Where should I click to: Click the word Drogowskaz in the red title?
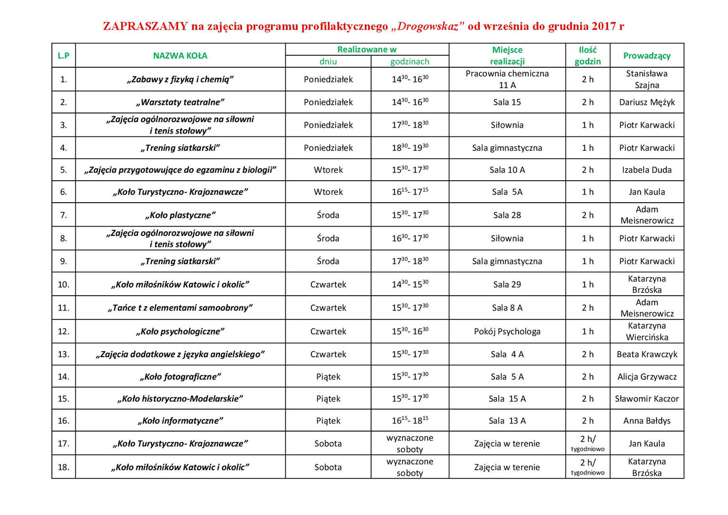[427, 26]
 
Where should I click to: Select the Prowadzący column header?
[647, 56]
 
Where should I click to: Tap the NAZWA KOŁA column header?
[180, 56]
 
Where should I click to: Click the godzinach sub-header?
[410, 62]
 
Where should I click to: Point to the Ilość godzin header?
[587, 56]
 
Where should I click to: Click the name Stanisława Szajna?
[647, 79]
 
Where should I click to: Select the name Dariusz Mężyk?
[647, 102]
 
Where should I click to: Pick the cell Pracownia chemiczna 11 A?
[507, 79]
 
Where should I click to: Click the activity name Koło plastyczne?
[180, 215]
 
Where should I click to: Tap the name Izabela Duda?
[647, 170]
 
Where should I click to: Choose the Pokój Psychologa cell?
[507, 331]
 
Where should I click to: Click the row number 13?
[63, 354]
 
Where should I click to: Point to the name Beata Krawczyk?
[647, 354]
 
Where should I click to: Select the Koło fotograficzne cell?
[180, 377]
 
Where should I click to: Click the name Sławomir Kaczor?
[647, 399]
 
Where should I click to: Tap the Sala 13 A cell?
[507, 421]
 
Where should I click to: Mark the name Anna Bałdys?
[647, 421]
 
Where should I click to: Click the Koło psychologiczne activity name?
[180, 331]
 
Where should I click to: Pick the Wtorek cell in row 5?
[328, 170]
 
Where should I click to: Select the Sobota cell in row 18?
[328, 467]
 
